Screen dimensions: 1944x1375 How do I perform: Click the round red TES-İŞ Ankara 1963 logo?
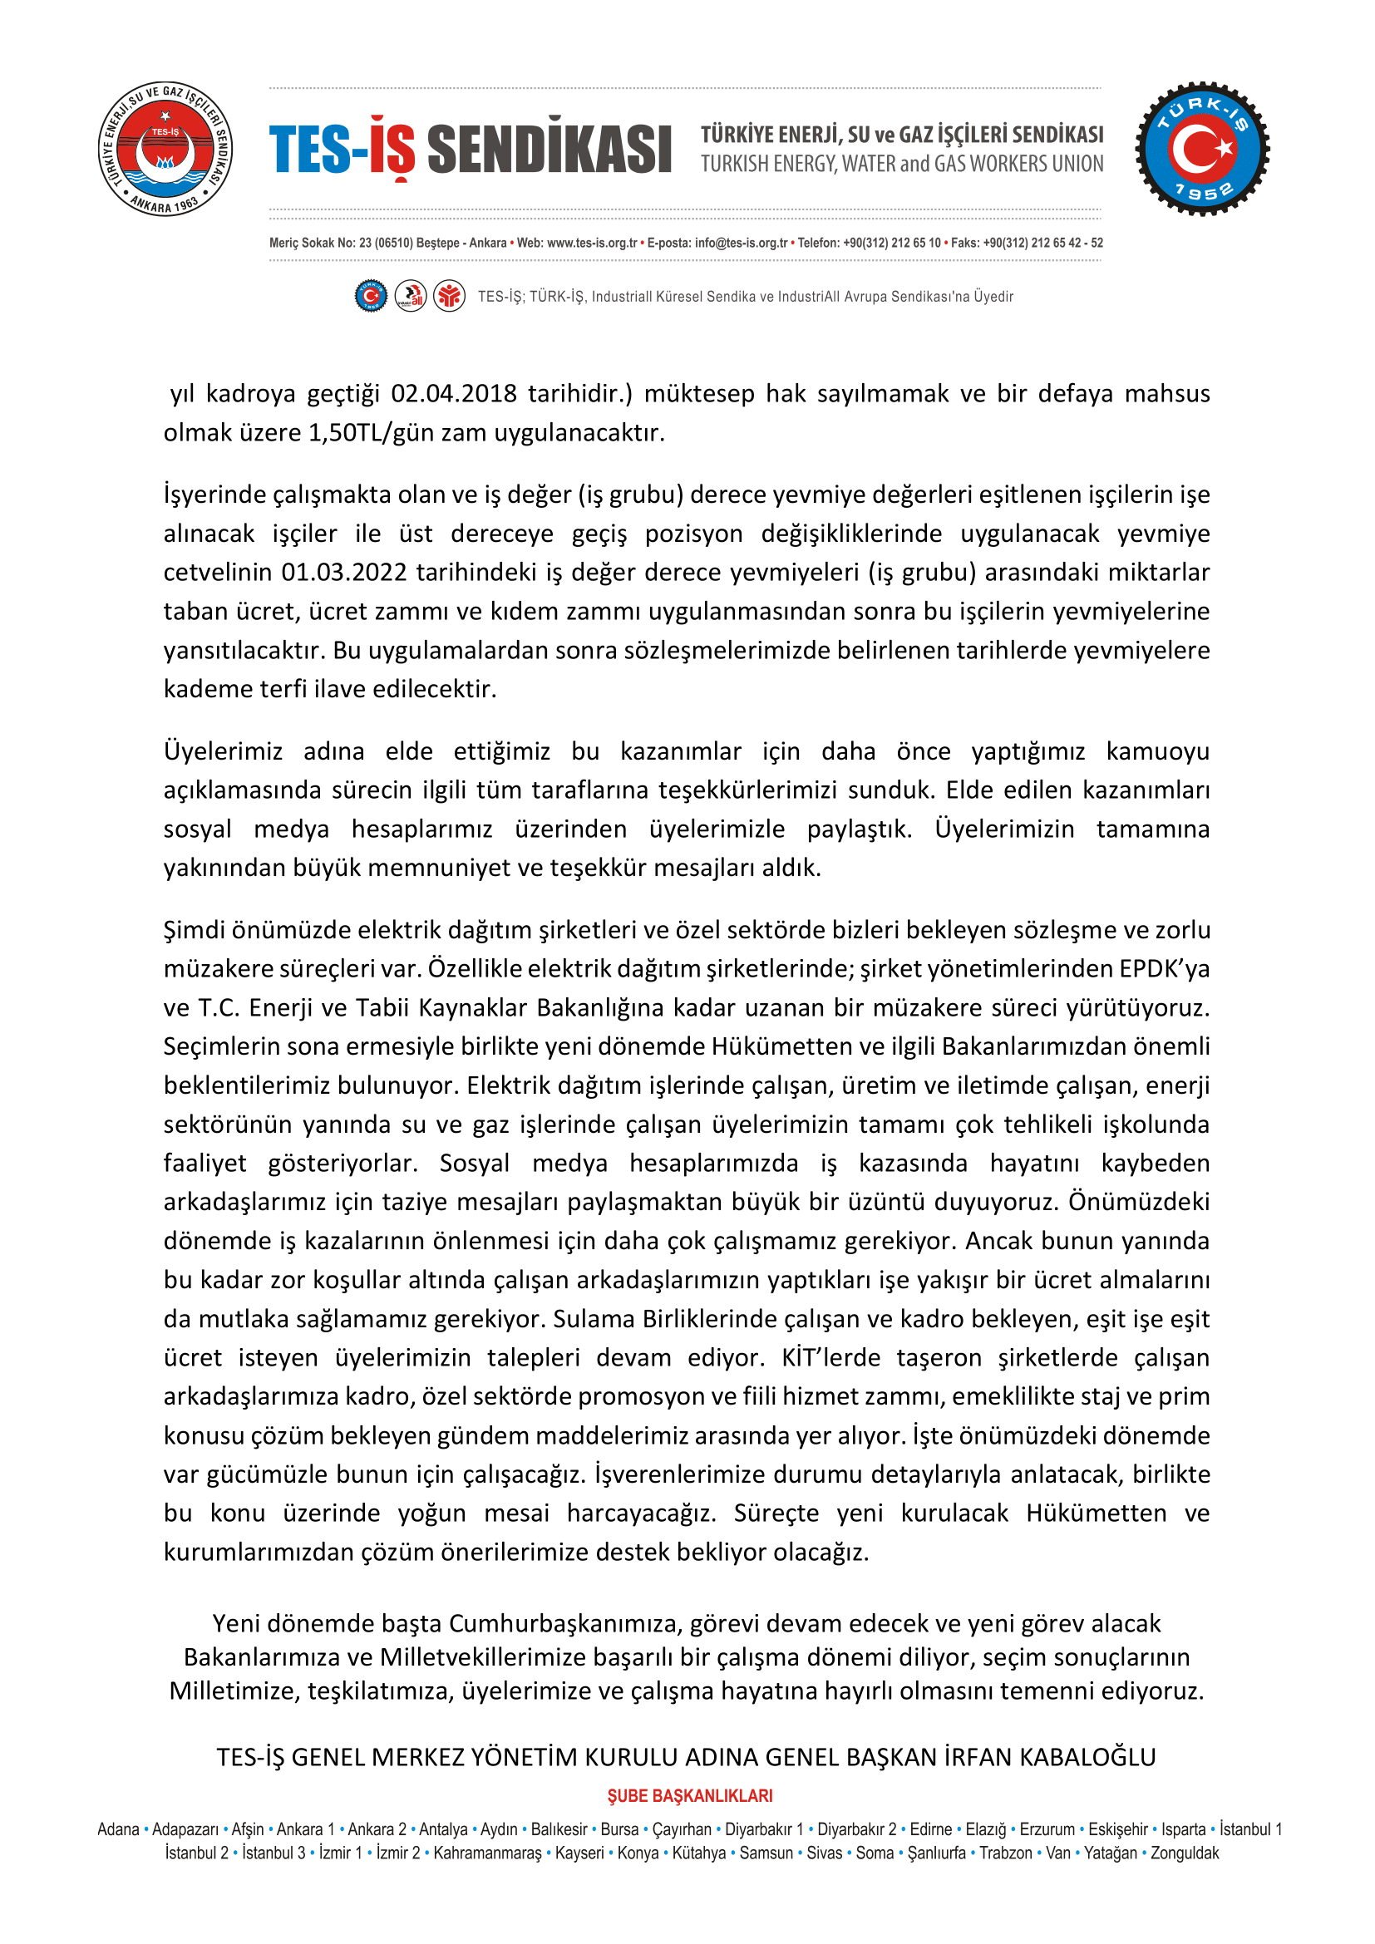pos(166,149)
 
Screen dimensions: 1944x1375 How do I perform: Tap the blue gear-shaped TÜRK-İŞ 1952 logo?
pos(1201,149)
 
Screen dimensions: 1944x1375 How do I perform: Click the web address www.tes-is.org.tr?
pos(592,243)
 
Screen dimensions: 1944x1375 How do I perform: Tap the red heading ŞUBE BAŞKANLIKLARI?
pos(690,1796)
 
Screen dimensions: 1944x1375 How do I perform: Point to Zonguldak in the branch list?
pos(1185,1853)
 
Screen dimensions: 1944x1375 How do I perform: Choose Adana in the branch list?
pos(119,1828)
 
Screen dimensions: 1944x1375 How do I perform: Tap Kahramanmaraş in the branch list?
pos(488,1853)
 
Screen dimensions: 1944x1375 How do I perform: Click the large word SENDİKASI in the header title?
pos(550,149)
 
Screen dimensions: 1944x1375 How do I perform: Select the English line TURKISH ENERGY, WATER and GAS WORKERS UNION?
pos(902,165)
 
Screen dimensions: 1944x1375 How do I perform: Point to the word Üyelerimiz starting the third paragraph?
pos(224,751)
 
